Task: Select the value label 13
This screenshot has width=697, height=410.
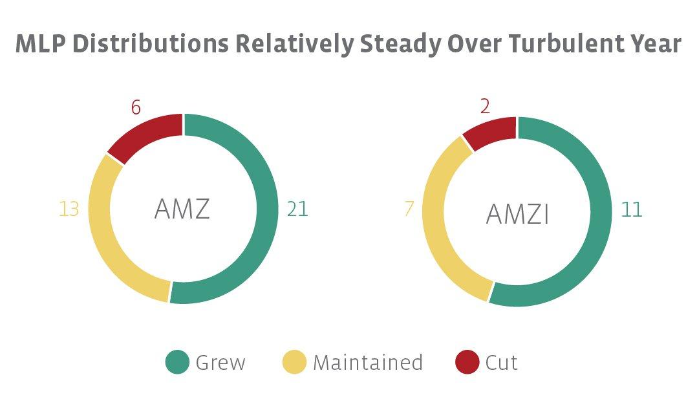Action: coord(69,210)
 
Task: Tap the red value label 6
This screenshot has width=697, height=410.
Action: coord(136,107)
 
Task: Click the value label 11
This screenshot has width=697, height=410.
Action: coord(631,210)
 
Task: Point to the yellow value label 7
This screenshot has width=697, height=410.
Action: coord(409,210)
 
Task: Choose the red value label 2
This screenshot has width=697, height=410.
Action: coord(485,107)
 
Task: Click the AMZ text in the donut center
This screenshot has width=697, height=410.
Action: coord(182,209)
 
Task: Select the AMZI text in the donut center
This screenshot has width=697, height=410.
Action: coord(517,214)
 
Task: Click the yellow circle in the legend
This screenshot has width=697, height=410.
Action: coord(295,362)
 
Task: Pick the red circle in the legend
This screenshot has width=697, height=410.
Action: coord(467,362)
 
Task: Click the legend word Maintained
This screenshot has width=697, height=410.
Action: coord(367,363)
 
